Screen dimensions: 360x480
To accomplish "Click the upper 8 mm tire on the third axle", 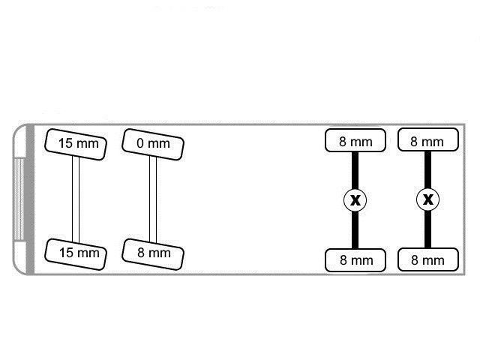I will (355, 141).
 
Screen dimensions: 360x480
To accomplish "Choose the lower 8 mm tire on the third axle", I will (355, 260).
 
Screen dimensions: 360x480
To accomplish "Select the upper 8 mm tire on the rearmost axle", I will (427, 141).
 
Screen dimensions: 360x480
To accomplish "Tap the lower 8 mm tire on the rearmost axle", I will (427, 260).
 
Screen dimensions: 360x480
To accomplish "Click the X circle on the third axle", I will (355, 200).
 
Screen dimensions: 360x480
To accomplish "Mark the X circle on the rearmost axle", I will (427, 200).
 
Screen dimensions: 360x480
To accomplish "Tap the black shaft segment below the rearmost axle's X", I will (427, 230).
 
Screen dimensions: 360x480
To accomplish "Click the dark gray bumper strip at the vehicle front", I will (31, 199).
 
